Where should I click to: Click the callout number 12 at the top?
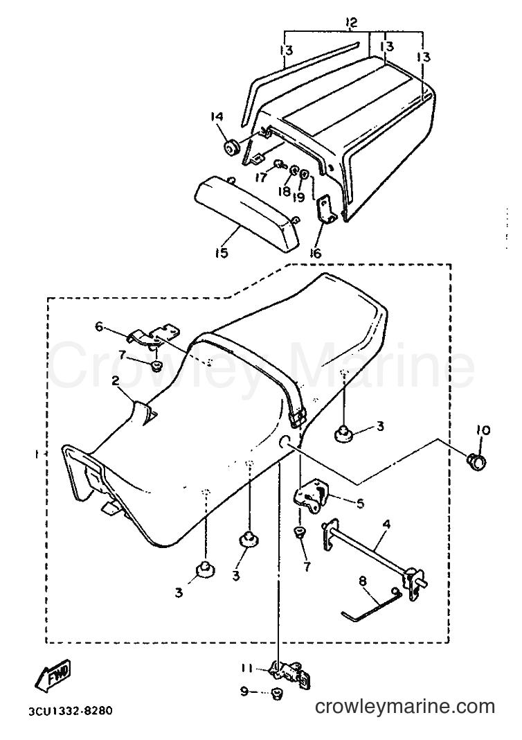(351, 21)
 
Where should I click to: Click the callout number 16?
(316, 253)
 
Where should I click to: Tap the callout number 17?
(261, 177)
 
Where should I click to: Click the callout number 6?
(99, 326)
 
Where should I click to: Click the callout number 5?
(360, 504)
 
